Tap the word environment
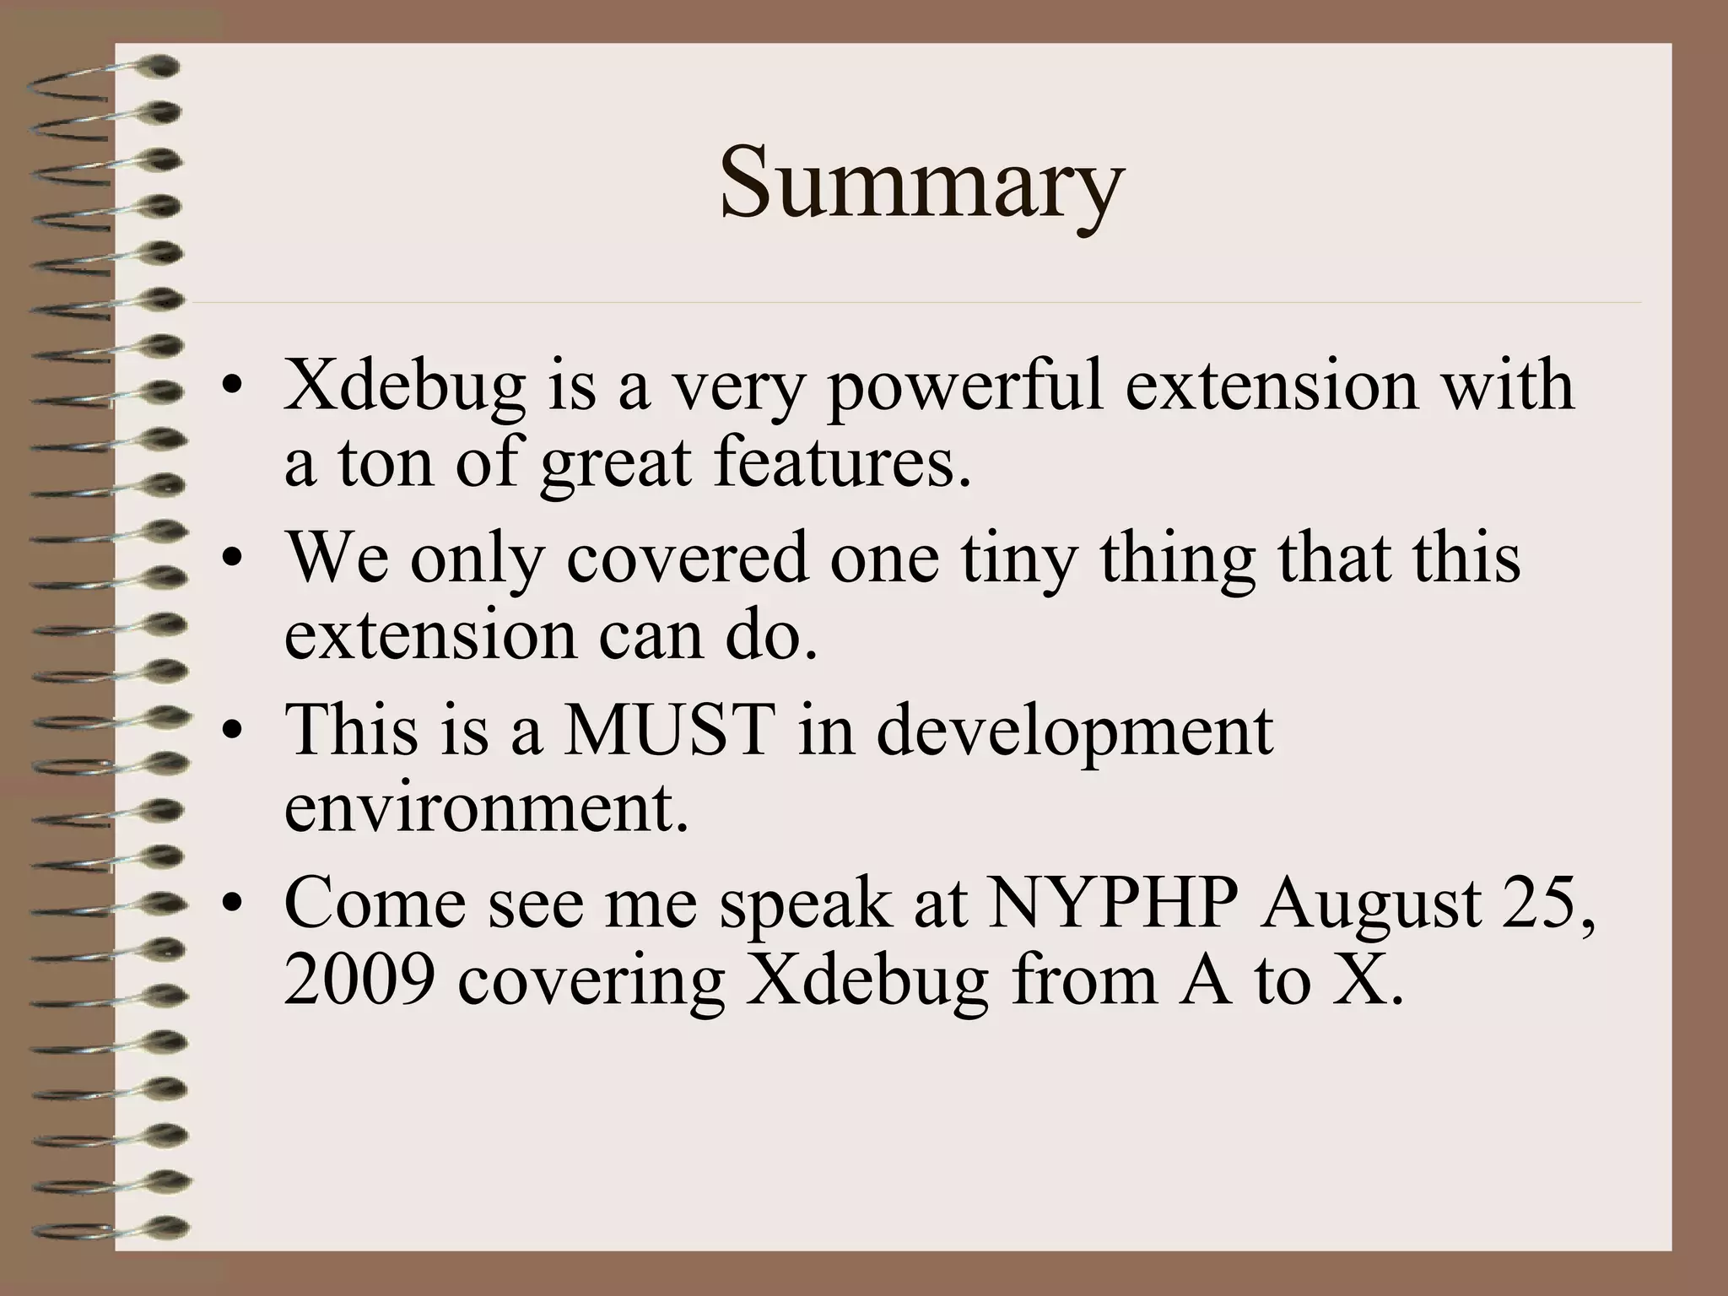pos(486,806)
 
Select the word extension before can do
pos(430,634)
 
